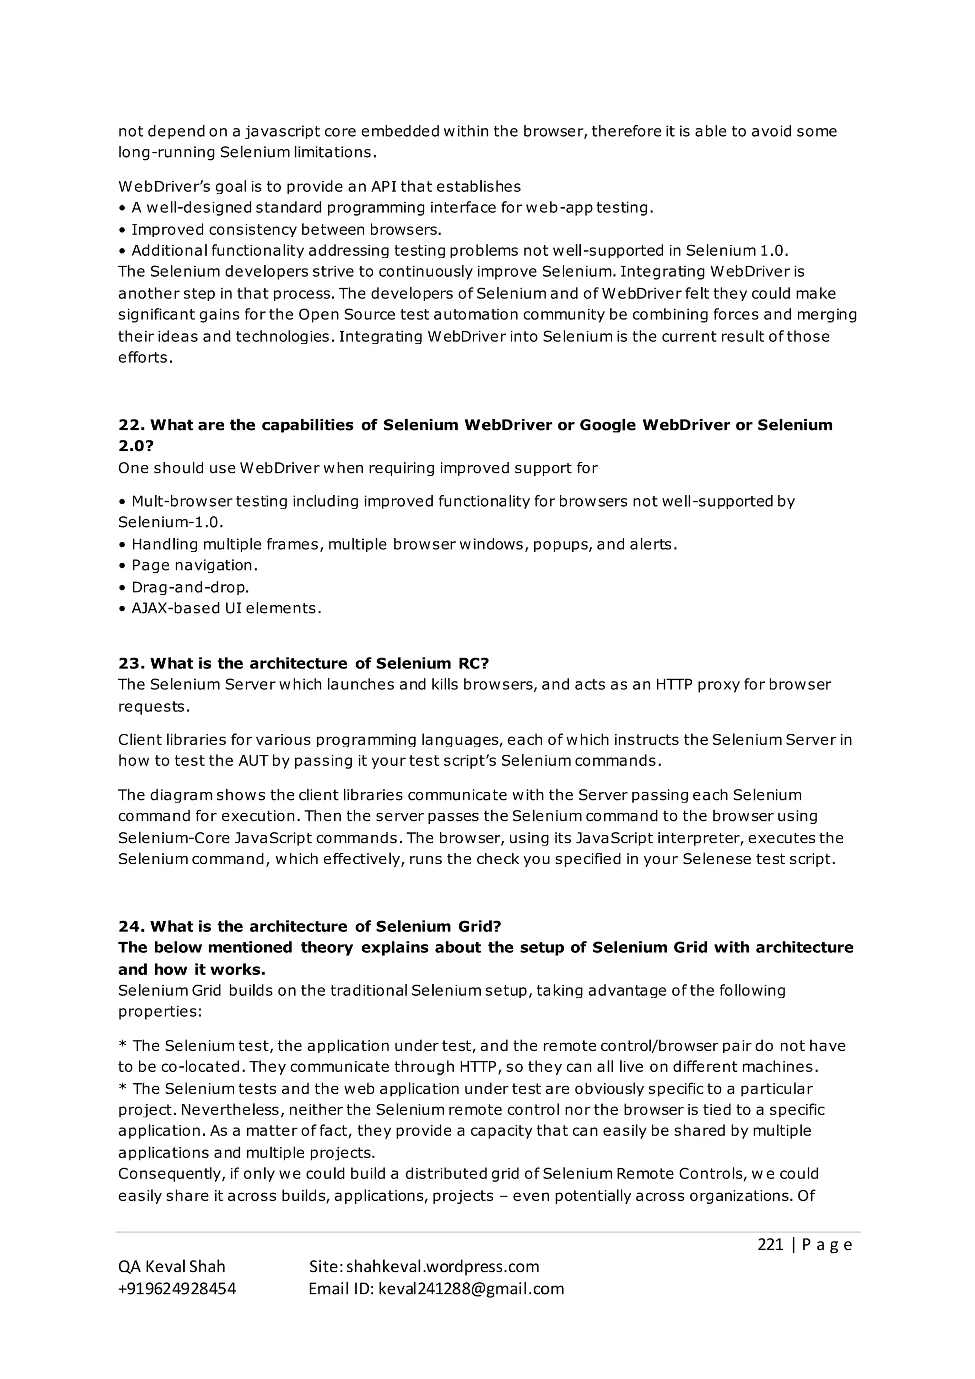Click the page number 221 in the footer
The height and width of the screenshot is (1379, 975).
tap(770, 1244)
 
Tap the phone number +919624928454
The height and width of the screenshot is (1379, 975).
tap(177, 1289)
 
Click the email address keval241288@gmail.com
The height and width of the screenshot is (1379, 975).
tap(471, 1289)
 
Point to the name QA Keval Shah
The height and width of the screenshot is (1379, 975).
tap(172, 1267)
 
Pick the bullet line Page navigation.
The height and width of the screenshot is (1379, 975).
tap(195, 565)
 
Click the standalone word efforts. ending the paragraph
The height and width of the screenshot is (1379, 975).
tap(145, 358)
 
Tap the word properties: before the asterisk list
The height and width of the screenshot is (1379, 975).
tap(159, 1011)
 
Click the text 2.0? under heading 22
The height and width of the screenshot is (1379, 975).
tap(136, 446)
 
